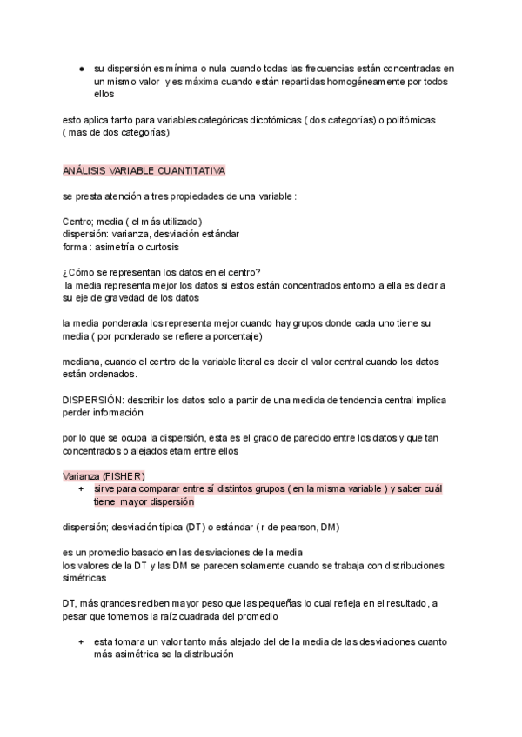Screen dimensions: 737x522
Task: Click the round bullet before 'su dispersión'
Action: pos(81,68)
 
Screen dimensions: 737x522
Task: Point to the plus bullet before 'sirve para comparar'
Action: pos(81,490)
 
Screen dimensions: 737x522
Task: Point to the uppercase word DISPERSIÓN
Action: pos(93,400)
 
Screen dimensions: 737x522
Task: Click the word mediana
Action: pos(83,362)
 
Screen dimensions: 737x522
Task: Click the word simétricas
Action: pos(85,578)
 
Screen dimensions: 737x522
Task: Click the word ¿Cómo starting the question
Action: pos(79,272)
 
